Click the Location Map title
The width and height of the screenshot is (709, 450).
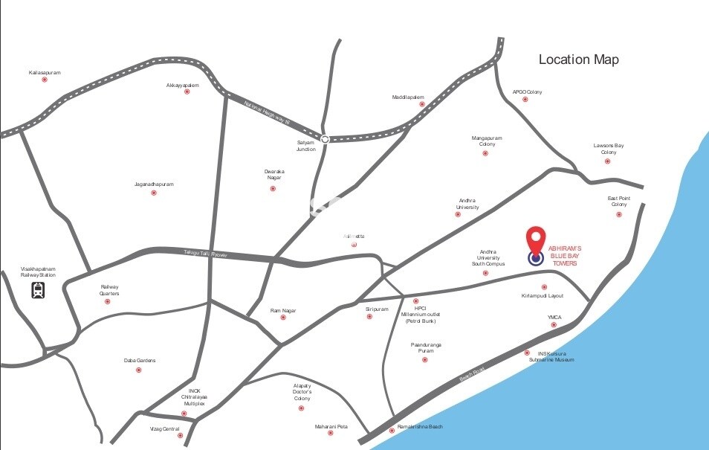pyautogui.click(x=578, y=60)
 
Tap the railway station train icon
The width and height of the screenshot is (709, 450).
pyautogui.click(x=38, y=290)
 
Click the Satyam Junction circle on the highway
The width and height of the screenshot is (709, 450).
pyautogui.click(x=325, y=138)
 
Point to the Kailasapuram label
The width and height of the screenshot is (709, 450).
pyautogui.click(x=45, y=72)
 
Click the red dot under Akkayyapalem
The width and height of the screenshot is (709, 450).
pyautogui.click(x=187, y=91)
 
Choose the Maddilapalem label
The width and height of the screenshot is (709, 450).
pyautogui.click(x=408, y=97)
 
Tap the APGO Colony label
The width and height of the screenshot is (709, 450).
pyautogui.click(x=527, y=91)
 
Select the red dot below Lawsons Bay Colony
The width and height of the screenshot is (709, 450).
pyautogui.click(x=607, y=161)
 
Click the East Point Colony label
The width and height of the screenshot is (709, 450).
pyautogui.click(x=618, y=202)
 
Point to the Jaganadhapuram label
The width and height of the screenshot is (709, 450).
pyautogui.click(x=154, y=184)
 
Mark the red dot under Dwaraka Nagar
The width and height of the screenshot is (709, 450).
pyautogui.click(x=273, y=189)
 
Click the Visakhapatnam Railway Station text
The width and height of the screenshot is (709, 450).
pyautogui.click(x=38, y=271)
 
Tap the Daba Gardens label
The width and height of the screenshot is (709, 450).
pyautogui.click(x=139, y=361)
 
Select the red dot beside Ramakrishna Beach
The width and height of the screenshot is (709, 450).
pyautogui.click(x=392, y=431)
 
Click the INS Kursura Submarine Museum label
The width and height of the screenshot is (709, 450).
pyautogui.click(x=551, y=356)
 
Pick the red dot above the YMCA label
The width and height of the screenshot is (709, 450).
pyautogui.click(x=553, y=325)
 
